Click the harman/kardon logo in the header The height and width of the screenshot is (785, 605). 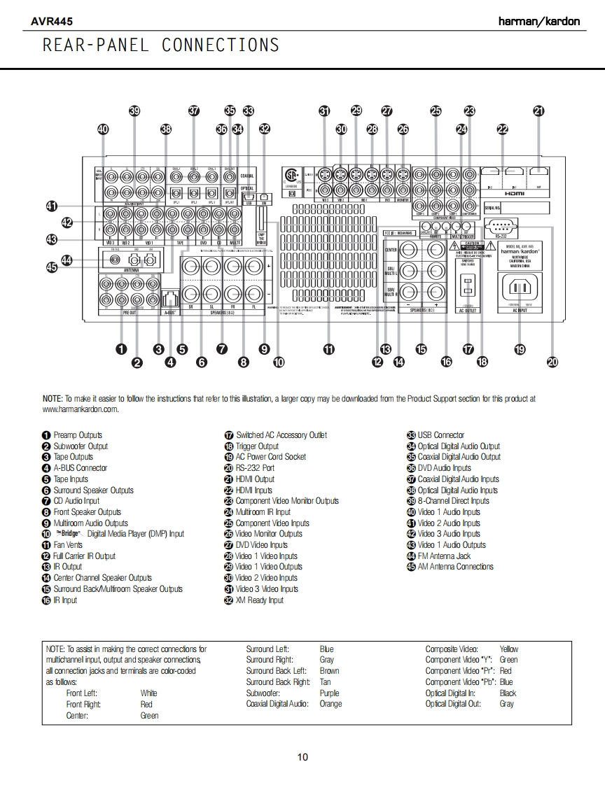(538, 21)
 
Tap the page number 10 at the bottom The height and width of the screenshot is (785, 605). (302, 756)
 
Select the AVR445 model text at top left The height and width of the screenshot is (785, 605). (51, 22)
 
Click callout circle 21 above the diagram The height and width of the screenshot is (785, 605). (538, 111)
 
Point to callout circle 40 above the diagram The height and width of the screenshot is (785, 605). (104, 129)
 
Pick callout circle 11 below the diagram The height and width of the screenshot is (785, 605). (328, 349)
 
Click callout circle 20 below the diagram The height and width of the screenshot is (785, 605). (552, 362)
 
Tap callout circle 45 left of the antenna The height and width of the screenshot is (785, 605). (52, 267)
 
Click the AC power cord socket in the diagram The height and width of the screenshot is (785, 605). (519, 288)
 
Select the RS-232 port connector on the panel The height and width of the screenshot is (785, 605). (501, 226)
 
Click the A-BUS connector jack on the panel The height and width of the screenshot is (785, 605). (169, 297)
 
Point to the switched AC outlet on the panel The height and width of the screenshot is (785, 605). (467, 287)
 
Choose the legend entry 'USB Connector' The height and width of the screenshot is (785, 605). (440, 435)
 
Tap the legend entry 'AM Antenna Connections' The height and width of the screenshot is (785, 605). (455, 567)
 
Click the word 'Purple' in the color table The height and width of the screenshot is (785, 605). (329, 693)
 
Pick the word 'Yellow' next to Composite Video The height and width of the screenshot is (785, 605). (509, 649)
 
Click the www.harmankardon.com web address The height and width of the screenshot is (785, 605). (81, 409)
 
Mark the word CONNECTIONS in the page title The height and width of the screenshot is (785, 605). (221, 45)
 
